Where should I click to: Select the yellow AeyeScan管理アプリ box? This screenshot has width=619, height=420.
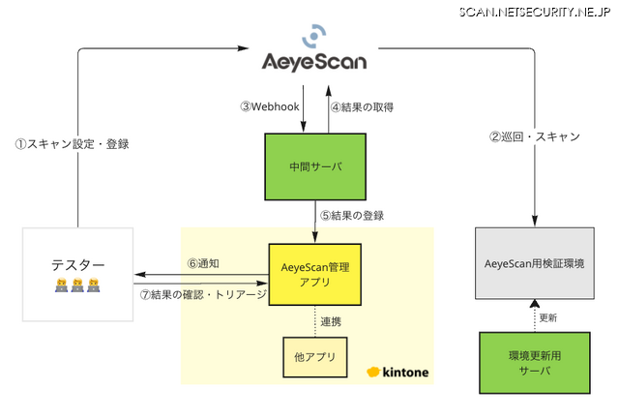315,274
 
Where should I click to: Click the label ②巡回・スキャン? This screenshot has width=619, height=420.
534,136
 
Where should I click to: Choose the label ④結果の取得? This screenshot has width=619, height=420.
363,106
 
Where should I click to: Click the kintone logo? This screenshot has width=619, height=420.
398,373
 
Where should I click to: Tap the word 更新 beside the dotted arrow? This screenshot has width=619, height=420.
548,316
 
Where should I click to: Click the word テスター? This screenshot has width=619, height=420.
78,264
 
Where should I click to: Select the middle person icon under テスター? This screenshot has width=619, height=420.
77,285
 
